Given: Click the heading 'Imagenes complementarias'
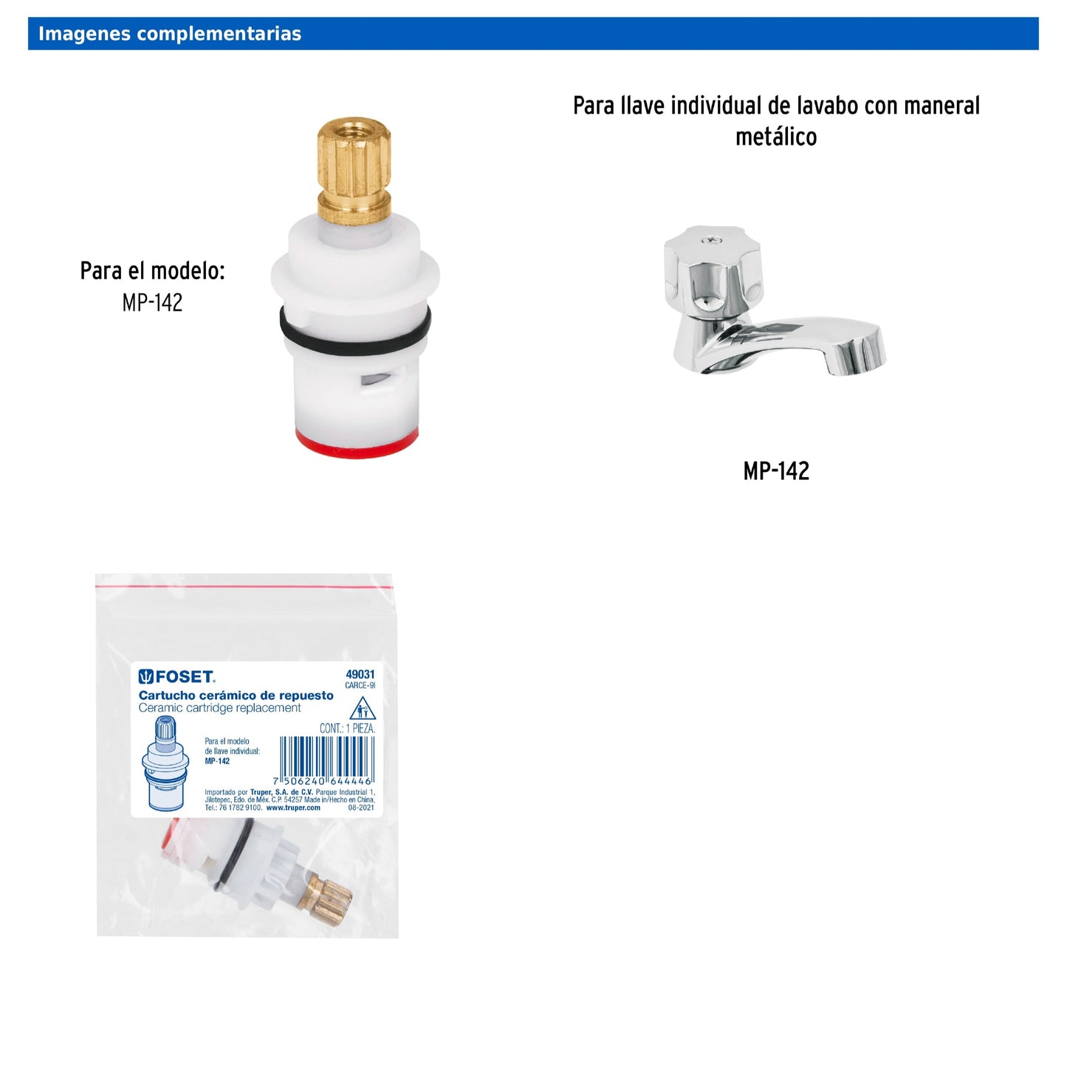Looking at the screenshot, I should point(169,34).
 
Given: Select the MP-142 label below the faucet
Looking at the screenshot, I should point(776,471).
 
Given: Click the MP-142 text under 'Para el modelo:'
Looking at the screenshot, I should point(152,303).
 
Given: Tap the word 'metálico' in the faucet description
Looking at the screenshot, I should point(776,137).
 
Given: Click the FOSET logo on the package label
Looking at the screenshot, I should point(177,676).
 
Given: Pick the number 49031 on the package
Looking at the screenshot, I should point(360,674).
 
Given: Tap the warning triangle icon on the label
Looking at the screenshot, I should point(362,710).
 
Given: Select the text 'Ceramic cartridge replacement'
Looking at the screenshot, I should point(219,708).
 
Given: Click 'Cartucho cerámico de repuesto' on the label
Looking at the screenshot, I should point(236,696).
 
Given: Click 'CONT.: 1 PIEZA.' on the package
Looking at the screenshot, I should point(347,728).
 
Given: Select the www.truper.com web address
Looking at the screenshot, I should point(293,808).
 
